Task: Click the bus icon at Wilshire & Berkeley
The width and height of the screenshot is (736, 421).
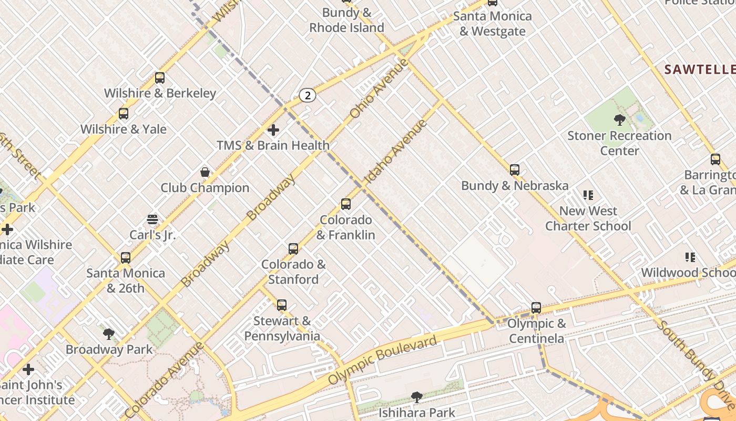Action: coord(160,78)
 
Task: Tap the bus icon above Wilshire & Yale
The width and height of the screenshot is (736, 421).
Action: coord(124,114)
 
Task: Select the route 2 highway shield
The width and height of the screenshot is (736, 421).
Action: coord(308,95)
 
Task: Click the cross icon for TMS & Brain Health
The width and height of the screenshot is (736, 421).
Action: coord(273,129)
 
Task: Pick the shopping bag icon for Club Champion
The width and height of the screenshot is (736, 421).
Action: coord(205,172)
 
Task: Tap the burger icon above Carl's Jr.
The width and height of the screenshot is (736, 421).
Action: coord(152,219)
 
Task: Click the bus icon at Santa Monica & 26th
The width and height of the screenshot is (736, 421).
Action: coord(126,257)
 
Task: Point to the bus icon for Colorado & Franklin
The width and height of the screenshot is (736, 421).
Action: coord(346,204)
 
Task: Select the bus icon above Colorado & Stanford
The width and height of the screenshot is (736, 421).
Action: coord(293,248)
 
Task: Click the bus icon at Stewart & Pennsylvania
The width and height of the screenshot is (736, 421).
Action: coord(282,305)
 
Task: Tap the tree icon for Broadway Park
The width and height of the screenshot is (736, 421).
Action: coord(109,334)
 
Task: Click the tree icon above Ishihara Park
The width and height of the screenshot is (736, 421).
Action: coord(417,397)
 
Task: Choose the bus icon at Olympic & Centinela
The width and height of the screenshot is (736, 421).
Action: coord(536,308)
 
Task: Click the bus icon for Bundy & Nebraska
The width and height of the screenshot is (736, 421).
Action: coord(515,170)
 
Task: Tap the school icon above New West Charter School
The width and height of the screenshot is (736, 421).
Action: coord(588,195)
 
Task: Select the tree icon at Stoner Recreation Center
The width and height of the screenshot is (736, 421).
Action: coord(619,120)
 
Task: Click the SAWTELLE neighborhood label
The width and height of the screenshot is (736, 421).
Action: coord(699,69)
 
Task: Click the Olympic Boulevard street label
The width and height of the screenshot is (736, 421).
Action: coord(382,360)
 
